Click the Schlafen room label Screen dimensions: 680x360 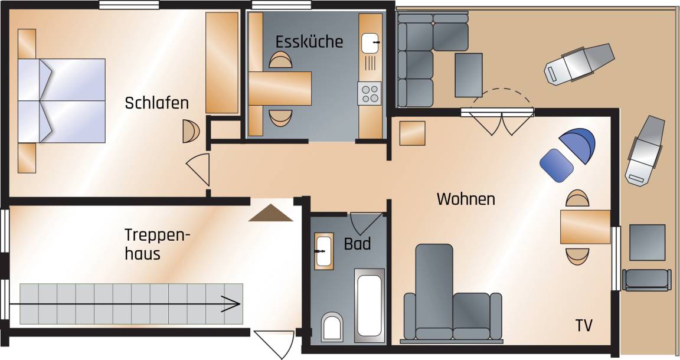click(156, 103)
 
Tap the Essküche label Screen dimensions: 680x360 click(309, 41)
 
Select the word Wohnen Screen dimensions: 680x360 click(466, 199)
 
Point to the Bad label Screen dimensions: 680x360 click(357, 244)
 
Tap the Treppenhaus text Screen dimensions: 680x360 click(158, 244)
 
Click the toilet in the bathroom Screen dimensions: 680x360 click(332, 326)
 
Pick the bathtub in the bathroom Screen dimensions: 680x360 click(370, 303)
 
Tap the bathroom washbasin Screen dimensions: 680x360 click(323, 251)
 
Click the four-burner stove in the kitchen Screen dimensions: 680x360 click(370, 93)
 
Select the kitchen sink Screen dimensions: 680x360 click(371, 43)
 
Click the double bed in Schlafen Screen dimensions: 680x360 click(61, 101)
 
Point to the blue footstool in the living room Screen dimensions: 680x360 click(557, 165)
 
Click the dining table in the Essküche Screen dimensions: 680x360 click(280, 89)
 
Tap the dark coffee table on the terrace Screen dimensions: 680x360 click(469, 75)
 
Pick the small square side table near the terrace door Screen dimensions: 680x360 click(412, 133)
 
